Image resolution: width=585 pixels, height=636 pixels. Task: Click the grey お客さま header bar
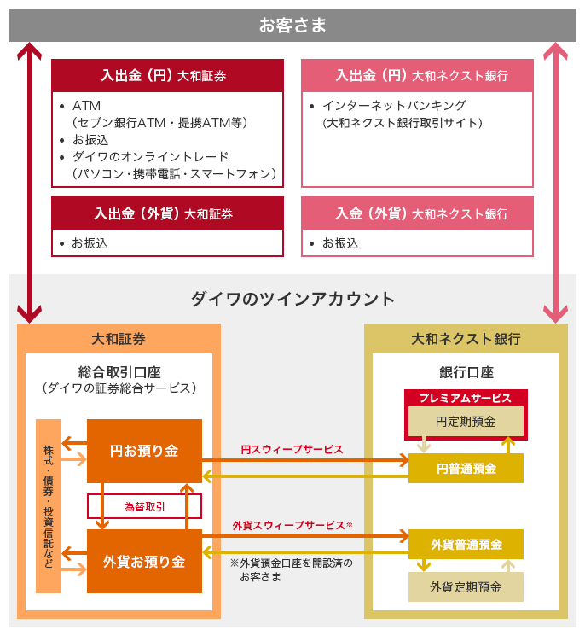click(x=292, y=25)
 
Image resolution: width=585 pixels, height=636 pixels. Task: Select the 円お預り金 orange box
click(x=144, y=451)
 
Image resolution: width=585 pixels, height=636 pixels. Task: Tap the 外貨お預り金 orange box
click(x=144, y=561)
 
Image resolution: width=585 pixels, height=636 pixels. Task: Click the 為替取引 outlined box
click(x=144, y=506)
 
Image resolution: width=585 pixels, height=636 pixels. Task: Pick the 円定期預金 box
click(x=466, y=421)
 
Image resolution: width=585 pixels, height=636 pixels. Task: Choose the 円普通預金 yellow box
click(x=466, y=468)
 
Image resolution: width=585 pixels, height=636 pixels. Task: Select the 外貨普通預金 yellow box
click(x=466, y=544)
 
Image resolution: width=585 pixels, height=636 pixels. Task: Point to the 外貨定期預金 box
click(x=466, y=586)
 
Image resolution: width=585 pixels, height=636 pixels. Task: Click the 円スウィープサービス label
click(x=292, y=449)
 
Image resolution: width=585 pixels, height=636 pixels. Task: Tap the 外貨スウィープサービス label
click(x=292, y=526)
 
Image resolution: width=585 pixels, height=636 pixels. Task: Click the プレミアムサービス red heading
click(x=466, y=398)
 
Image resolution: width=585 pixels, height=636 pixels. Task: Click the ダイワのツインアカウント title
click(x=292, y=299)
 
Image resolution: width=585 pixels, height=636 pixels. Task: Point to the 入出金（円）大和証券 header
click(x=167, y=75)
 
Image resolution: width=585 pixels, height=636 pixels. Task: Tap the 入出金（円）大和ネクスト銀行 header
click(x=417, y=75)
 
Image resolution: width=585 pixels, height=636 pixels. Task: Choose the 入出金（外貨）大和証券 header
click(x=167, y=213)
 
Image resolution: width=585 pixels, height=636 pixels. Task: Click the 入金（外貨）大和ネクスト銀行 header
click(x=417, y=213)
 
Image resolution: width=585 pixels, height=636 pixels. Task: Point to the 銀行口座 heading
click(x=466, y=372)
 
